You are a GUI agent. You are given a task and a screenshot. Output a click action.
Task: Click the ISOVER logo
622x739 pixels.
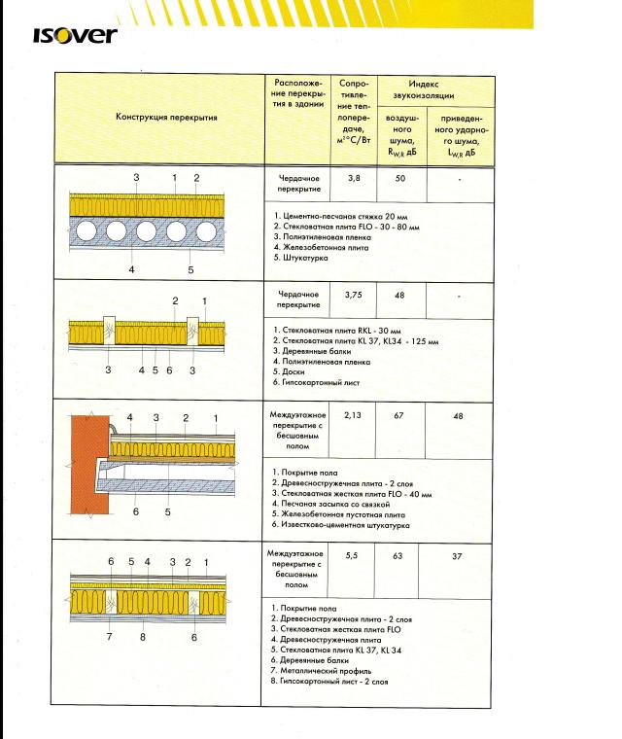coord(74,35)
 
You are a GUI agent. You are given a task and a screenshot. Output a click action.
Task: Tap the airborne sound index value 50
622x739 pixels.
coord(400,180)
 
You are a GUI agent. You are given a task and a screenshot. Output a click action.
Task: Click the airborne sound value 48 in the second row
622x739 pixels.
coord(400,293)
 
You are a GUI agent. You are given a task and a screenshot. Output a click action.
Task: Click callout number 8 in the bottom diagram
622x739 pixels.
coord(143,638)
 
